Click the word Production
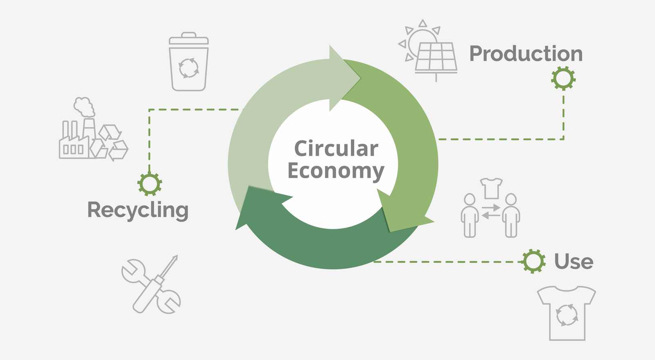tap(526, 54)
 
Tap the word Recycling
tap(138, 210)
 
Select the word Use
tap(574, 261)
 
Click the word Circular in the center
tap(336, 149)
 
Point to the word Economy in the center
tap(336, 171)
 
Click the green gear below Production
tap(563, 78)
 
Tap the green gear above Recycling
tap(150, 184)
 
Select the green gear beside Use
tap(533, 261)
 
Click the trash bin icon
tap(189, 61)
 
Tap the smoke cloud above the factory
tap(84, 107)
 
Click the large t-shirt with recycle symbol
tap(567, 313)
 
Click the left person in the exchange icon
tap(470, 215)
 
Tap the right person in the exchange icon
tap(511, 215)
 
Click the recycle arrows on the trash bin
tap(189, 68)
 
